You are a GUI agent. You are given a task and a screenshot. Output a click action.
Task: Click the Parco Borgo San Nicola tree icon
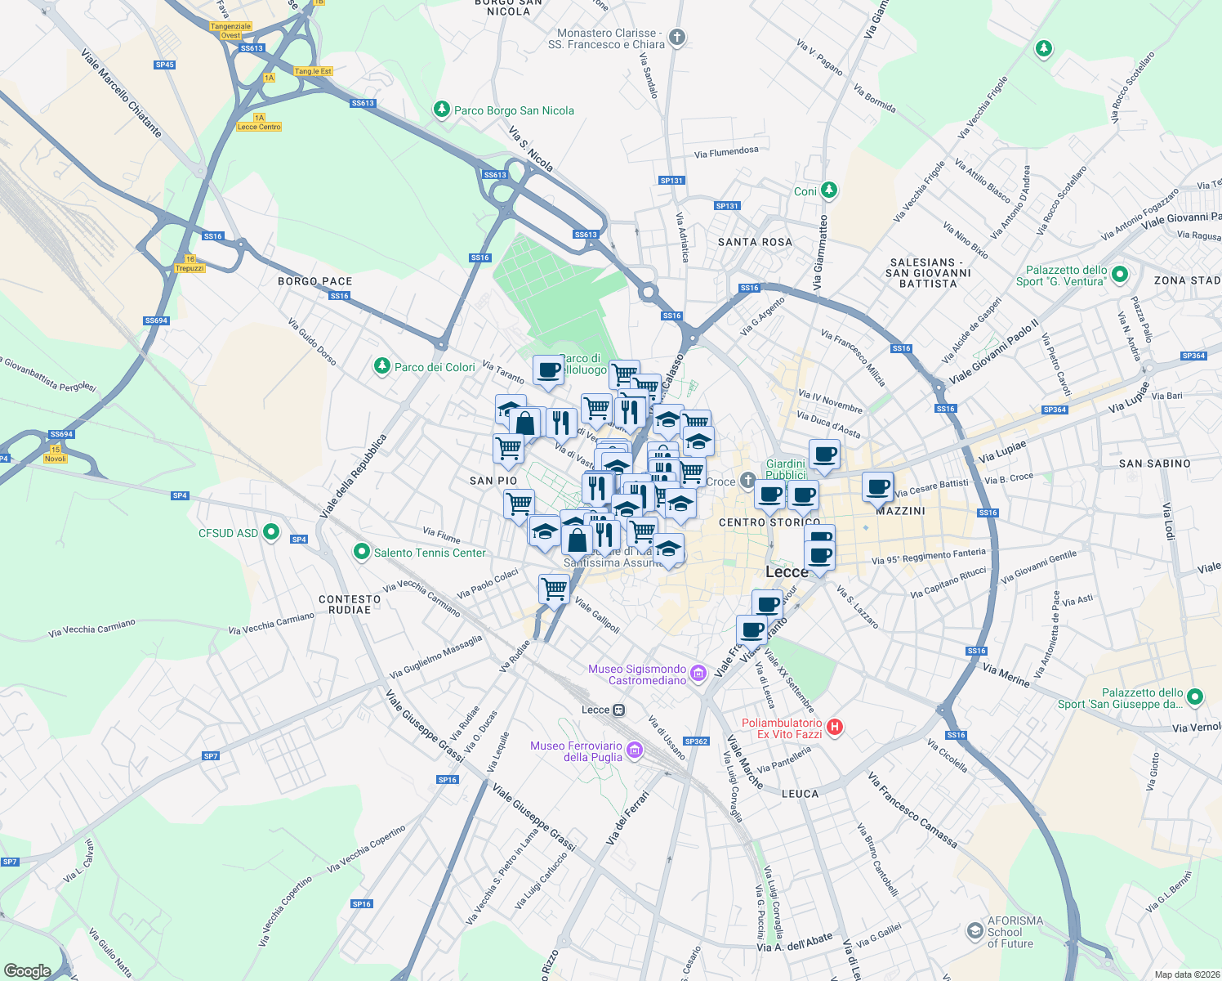coord(442,110)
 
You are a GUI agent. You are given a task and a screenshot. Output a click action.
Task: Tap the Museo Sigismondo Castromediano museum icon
coord(698,674)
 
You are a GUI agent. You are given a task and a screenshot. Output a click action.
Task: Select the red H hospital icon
coord(834,727)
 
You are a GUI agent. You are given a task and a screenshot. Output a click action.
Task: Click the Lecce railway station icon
coord(619,710)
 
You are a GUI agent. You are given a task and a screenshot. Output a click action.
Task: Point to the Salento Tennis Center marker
coord(361,553)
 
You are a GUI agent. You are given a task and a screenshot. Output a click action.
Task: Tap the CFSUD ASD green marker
coord(271,533)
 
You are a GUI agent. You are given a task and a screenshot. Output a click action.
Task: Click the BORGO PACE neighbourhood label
coord(315,281)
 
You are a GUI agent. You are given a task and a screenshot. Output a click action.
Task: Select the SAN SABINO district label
coord(1154,464)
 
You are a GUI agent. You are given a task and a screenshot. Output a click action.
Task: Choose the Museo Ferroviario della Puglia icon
coord(635,750)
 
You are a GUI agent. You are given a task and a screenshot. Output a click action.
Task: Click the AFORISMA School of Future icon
coord(974,931)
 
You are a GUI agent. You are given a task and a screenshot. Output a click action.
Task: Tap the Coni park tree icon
coord(829,190)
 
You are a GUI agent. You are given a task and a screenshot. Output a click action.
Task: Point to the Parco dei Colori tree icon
coord(381,366)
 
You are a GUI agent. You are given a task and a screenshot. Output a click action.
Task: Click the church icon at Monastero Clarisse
coord(676,38)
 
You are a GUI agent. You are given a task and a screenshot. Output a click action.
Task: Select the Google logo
coord(28,970)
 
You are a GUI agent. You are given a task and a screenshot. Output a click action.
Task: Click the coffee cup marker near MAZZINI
coord(878,487)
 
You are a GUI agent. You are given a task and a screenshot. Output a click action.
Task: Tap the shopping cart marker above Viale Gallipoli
coord(555,588)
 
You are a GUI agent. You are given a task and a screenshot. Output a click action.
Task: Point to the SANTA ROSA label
coord(755,242)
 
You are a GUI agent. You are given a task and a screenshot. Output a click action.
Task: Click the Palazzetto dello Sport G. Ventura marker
coord(1120,275)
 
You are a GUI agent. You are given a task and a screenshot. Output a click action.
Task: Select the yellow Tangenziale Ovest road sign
coord(230,30)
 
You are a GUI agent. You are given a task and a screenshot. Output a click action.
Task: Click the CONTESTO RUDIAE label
coord(350,604)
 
